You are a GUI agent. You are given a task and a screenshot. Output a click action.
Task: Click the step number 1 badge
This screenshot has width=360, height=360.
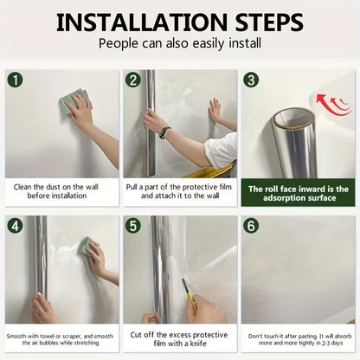pyautogui.click(x=16, y=80)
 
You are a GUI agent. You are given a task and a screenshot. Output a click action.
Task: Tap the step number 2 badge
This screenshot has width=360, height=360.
pyautogui.click(x=133, y=80)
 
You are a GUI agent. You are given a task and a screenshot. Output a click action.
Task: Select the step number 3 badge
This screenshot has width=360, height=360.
pyautogui.click(x=251, y=80)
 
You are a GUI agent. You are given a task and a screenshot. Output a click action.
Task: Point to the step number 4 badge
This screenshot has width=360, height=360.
pyautogui.click(x=16, y=227)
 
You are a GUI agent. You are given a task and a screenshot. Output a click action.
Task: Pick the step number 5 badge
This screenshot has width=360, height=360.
pyautogui.click(x=133, y=227)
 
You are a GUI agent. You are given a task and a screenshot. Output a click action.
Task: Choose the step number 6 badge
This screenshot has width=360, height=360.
pyautogui.click(x=251, y=227)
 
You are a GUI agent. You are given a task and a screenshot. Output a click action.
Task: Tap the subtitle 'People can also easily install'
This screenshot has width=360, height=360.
pyautogui.click(x=179, y=43)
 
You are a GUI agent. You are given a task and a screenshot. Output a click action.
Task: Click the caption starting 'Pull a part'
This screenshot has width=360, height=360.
pyautogui.click(x=179, y=192)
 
